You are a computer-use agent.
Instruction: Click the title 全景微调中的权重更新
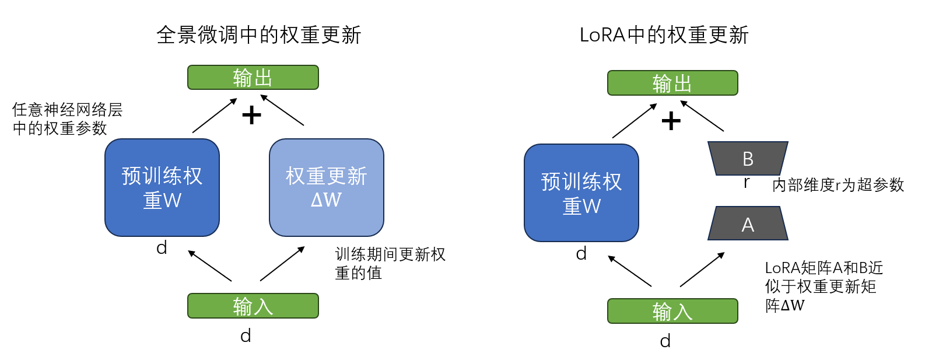[258, 35]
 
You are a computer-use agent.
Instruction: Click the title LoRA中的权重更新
[664, 35]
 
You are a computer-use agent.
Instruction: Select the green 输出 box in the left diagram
[253, 78]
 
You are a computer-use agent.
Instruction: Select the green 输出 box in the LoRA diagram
[672, 83]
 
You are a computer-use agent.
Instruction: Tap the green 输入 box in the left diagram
[253, 306]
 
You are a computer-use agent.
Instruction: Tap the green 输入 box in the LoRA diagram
[672, 311]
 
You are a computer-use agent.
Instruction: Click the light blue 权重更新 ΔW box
[326, 187]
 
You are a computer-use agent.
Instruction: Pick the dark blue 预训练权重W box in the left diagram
[162, 187]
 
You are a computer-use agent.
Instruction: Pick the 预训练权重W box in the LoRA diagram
[581, 193]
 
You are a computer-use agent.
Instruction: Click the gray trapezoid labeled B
[748, 158]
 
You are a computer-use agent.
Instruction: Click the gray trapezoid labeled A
[748, 224]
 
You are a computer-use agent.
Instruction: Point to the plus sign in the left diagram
[251, 115]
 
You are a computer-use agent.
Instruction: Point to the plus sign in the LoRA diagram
[671, 121]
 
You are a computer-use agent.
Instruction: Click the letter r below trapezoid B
[747, 183]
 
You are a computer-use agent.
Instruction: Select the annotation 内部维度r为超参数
[838, 185]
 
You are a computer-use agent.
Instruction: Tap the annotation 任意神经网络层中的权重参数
[67, 118]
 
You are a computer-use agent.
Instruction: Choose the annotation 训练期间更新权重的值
[390, 263]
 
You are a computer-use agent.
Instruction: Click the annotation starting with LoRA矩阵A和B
[823, 286]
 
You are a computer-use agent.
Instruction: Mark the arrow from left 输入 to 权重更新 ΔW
[282, 264]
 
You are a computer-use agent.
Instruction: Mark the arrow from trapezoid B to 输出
[702, 116]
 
